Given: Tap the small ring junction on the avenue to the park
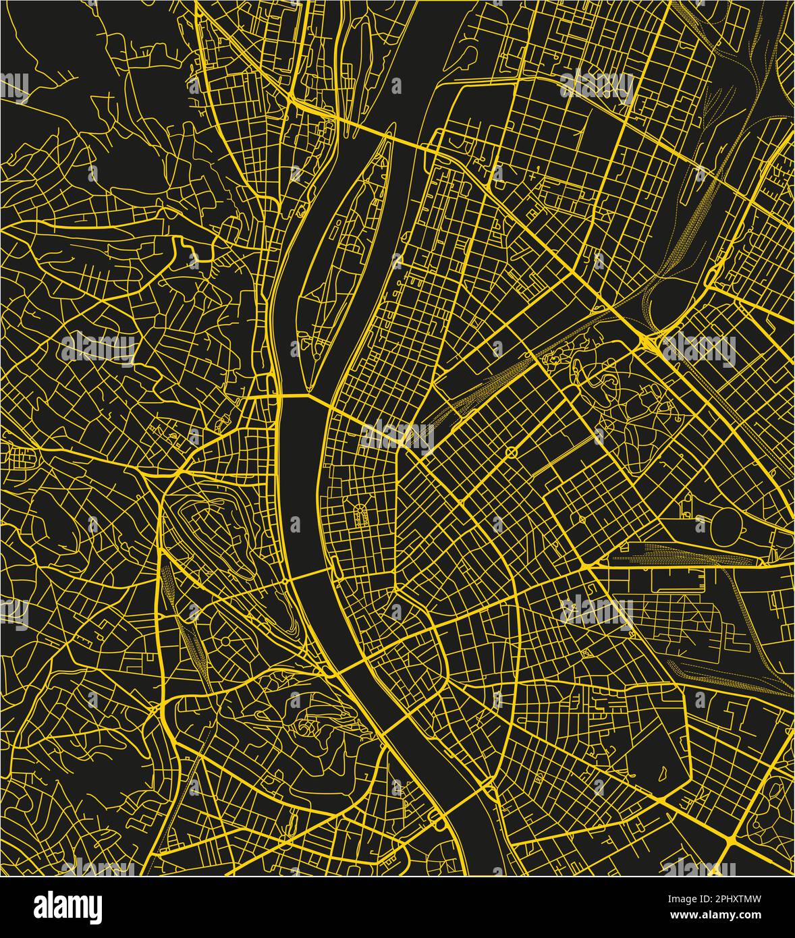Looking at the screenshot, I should pos(511,451).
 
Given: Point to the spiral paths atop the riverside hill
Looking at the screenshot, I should pos(308,729).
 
